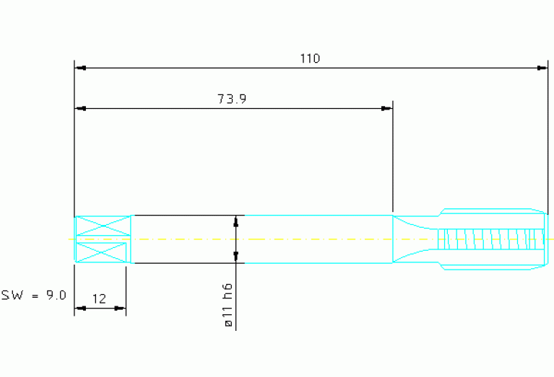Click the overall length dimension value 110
[310, 58]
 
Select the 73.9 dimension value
[232, 99]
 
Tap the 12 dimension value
[99, 299]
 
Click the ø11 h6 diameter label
[228, 305]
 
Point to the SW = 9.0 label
[33, 295]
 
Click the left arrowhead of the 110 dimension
[81, 68]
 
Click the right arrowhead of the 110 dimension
[542, 68]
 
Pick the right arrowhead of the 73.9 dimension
[386, 108]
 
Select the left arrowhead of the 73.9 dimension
[81, 108]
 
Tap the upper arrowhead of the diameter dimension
[236, 221]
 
